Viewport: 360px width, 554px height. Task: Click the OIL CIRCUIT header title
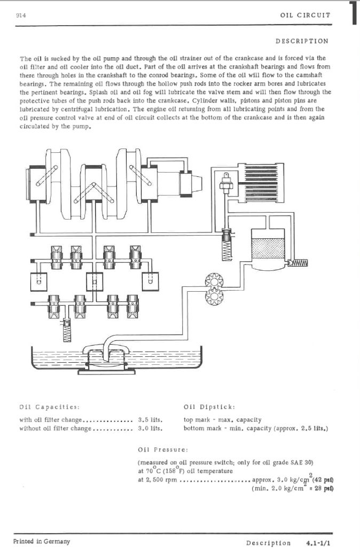coord(305,15)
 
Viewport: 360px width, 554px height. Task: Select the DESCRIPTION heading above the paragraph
coord(302,41)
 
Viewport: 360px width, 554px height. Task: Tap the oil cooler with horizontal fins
coord(261,183)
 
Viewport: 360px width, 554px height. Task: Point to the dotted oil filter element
coord(267,249)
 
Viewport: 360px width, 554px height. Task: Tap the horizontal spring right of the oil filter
coord(298,263)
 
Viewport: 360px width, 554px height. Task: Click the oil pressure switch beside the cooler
coord(225,183)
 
